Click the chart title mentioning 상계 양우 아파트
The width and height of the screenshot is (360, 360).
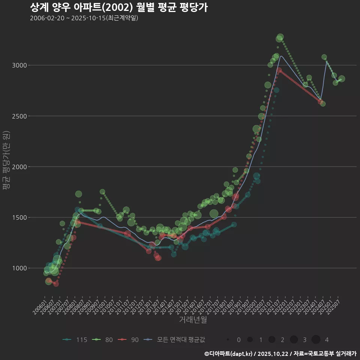118,8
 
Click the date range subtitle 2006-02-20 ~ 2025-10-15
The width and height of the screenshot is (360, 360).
84,18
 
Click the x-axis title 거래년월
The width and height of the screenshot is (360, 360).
193,320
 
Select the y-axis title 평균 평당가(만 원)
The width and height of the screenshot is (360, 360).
6,161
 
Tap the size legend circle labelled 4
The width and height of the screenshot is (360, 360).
316,340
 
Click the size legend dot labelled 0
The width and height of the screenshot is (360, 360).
228,340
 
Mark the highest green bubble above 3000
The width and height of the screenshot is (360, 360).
280,37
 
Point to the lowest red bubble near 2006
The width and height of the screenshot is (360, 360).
56,284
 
